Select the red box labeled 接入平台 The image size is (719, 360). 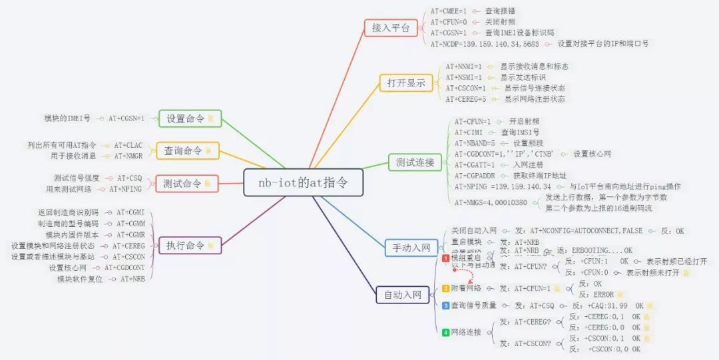click(391, 28)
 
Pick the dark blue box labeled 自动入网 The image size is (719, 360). click(399, 294)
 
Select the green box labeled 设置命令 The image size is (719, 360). click(190, 118)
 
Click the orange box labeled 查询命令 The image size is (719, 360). click(187, 151)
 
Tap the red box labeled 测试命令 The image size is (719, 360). click(187, 184)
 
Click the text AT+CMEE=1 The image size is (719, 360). click(448, 11)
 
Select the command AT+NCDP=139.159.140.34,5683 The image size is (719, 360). click(484, 43)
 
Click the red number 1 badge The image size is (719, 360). click(446, 258)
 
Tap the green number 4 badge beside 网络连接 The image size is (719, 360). click(446, 331)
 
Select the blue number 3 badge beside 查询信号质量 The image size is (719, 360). click(446, 305)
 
